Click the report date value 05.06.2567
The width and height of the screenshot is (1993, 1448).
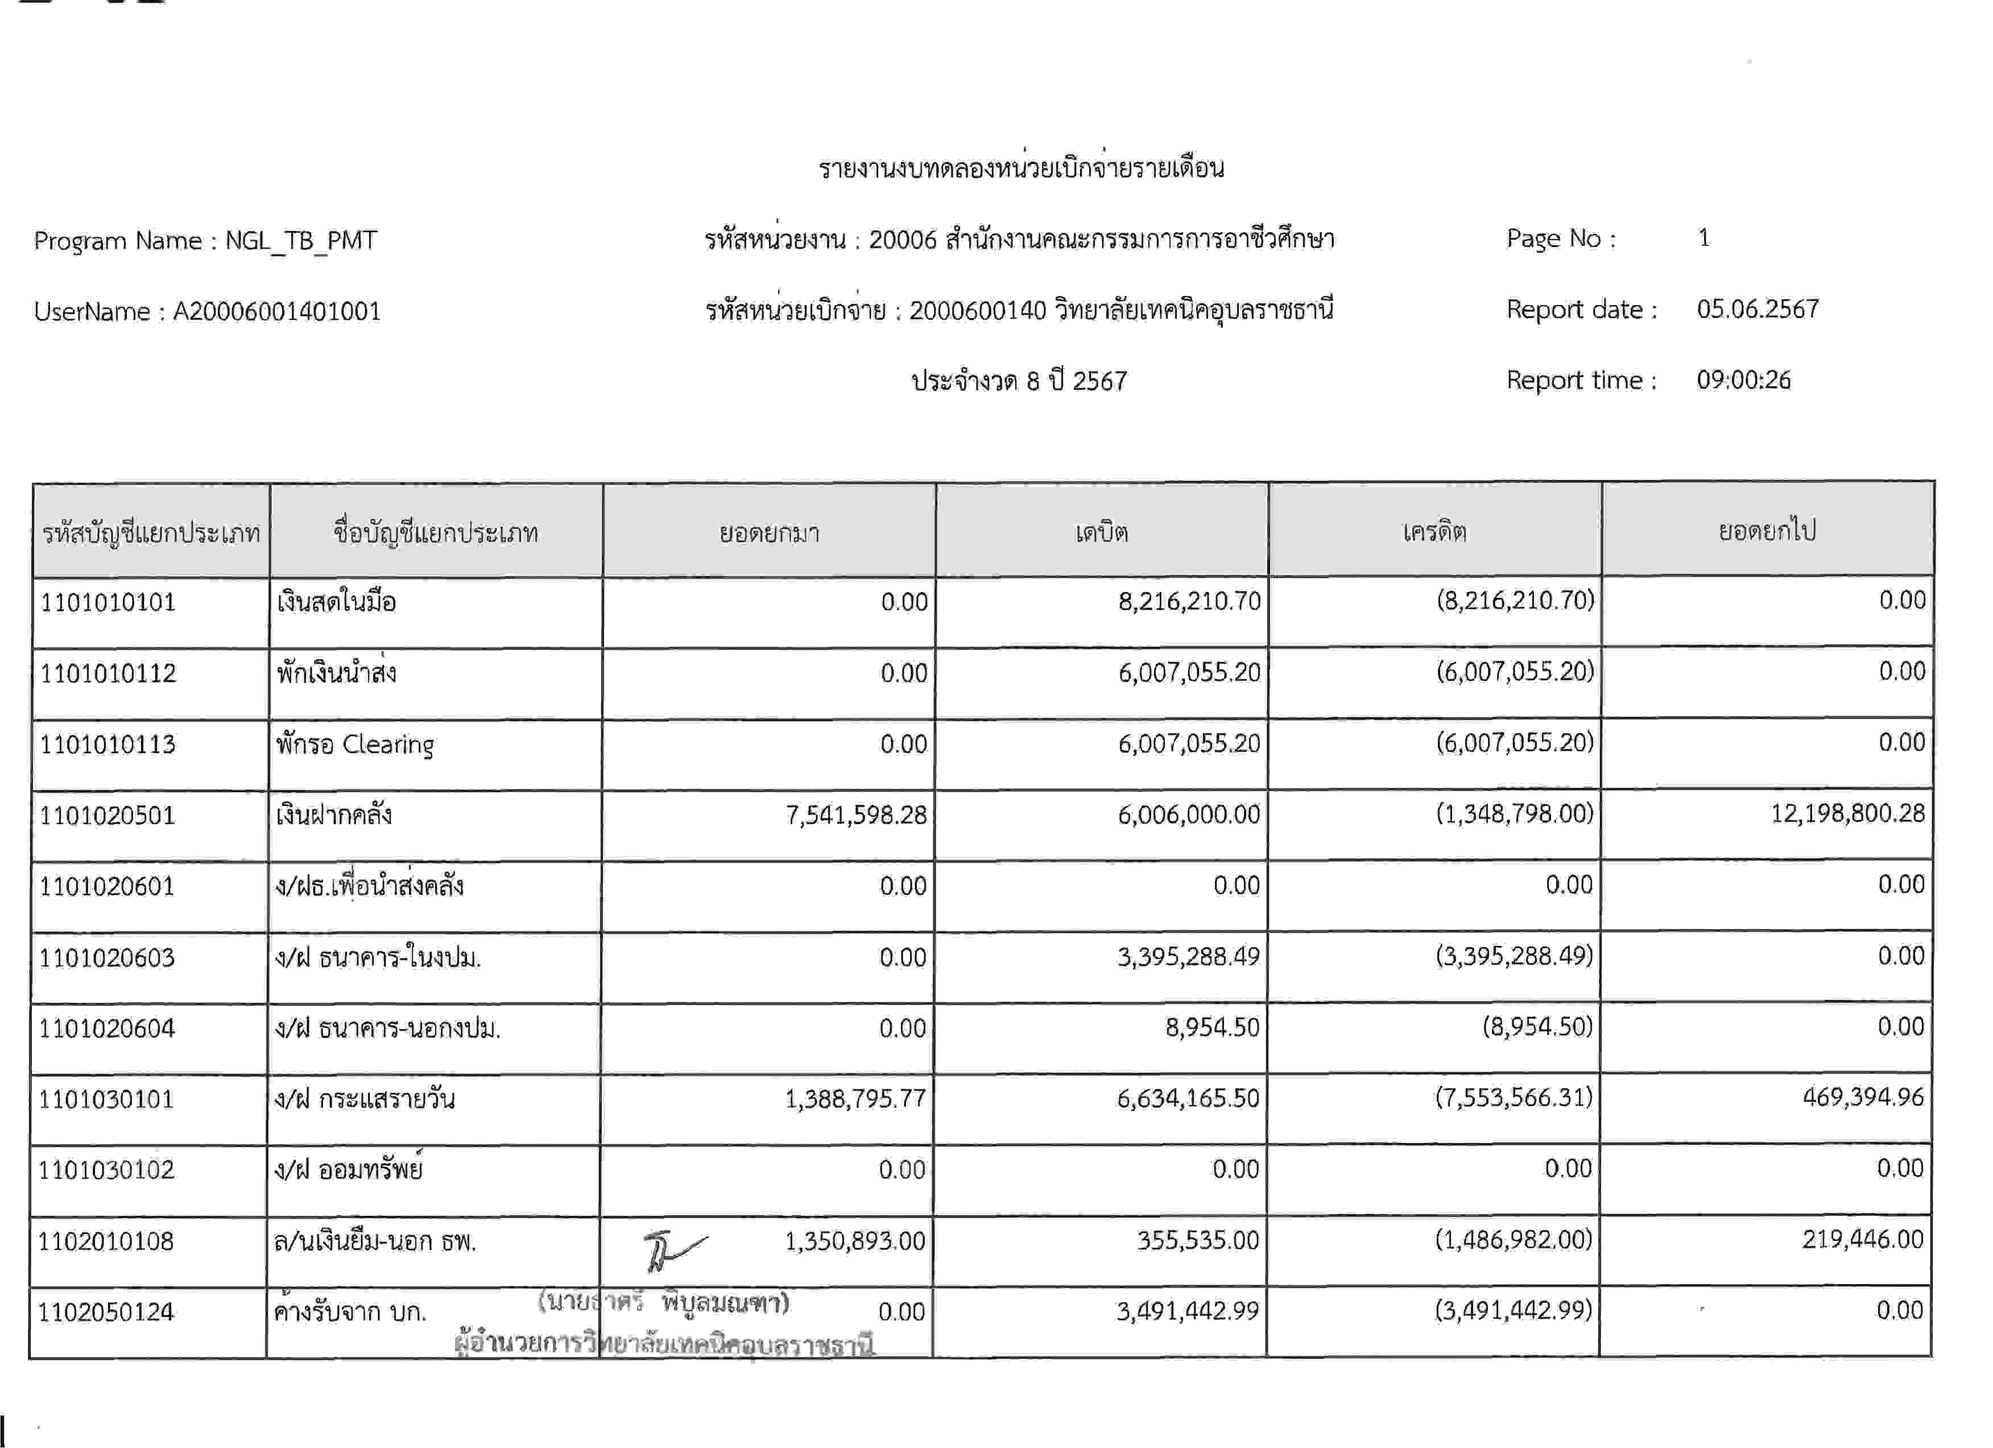1758,310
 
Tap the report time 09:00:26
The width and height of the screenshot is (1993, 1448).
1743,380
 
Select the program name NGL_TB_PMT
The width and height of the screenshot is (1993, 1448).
301,241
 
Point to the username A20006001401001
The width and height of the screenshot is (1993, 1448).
277,311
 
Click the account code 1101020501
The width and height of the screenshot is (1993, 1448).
107,815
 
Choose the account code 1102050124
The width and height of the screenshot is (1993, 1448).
106,1312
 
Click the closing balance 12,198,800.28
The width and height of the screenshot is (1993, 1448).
1847,813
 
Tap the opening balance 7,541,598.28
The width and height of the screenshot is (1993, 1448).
856,815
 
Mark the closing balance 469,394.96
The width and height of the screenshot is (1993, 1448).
1863,1097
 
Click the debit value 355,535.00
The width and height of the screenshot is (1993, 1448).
1198,1240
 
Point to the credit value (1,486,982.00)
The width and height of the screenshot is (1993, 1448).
1513,1240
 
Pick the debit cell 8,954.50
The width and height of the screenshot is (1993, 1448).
1212,1027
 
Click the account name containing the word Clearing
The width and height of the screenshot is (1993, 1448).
355,744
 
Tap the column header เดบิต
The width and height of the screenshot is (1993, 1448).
1101,532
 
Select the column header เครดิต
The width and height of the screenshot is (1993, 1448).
1434,532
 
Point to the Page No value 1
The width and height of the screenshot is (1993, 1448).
1704,238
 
